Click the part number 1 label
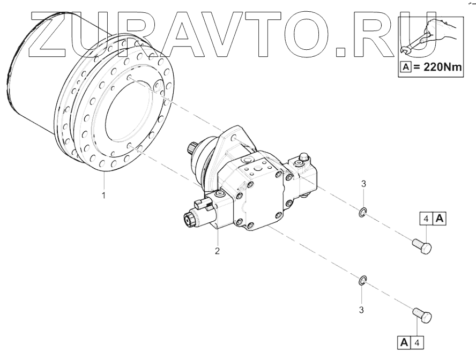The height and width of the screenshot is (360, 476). [104, 196]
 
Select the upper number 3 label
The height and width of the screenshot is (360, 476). [363, 184]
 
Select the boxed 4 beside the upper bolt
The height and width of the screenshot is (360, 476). [426, 218]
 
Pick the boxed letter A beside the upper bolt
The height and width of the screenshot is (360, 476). [439, 218]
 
